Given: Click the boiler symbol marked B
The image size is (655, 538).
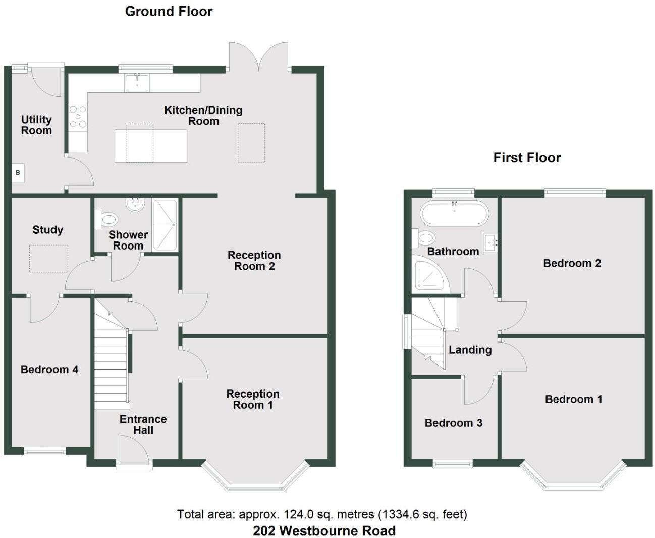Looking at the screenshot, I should (18, 173).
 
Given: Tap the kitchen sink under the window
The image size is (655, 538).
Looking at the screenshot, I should (137, 83).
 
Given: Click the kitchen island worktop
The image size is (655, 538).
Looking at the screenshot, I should (150, 146).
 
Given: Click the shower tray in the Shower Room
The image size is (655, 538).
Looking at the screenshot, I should (165, 225).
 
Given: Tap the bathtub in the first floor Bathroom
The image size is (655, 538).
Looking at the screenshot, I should (454, 213).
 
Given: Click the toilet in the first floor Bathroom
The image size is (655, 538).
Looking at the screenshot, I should (425, 237).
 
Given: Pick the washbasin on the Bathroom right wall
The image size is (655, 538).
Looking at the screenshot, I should (490, 242).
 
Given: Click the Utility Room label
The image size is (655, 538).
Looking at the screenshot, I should (36, 125).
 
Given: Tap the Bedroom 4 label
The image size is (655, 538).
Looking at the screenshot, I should (49, 370).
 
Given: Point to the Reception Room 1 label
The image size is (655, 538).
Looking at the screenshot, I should (253, 399).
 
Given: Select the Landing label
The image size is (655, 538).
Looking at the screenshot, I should (470, 350).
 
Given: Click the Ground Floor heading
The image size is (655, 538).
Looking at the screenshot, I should (169, 11).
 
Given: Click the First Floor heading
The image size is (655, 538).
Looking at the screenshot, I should (527, 158).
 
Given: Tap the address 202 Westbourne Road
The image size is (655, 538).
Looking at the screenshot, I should (324, 531).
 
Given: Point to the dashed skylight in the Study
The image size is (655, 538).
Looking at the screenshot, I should (48, 259).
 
